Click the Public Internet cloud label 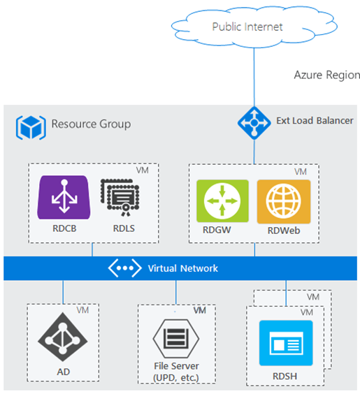(x=247, y=27)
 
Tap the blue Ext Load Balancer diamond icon (x=254, y=123)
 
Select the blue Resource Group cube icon (x=31, y=127)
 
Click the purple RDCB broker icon (x=64, y=197)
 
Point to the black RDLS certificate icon (x=120, y=197)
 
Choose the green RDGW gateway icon (x=222, y=201)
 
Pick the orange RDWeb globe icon (x=284, y=201)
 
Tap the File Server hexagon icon (x=176, y=339)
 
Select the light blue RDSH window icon (x=286, y=343)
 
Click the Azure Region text (x=327, y=75)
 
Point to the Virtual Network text (x=182, y=268)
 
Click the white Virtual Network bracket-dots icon (x=124, y=268)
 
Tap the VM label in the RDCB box (x=143, y=170)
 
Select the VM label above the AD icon (x=82, y=310)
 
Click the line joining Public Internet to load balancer (x=254, y=77)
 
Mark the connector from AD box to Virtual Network (x=63, y=292)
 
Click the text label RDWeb (x=284, y=231)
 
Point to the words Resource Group (x=91, y=124)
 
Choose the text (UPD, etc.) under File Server (x=176, y=378)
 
